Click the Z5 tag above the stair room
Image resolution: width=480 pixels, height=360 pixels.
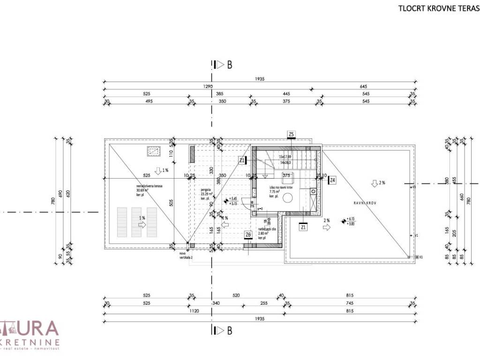click(291, 135)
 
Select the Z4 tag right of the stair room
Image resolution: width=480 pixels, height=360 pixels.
click(332, 180)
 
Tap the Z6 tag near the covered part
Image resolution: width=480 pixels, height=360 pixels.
click(248, 235)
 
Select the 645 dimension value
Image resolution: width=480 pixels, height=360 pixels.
click(363, 87)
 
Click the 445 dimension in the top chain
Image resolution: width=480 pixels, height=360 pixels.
click(286, 94)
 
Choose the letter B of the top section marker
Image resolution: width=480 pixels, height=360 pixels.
click(230, 65)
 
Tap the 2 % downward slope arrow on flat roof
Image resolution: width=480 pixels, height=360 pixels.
click(375, 182)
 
